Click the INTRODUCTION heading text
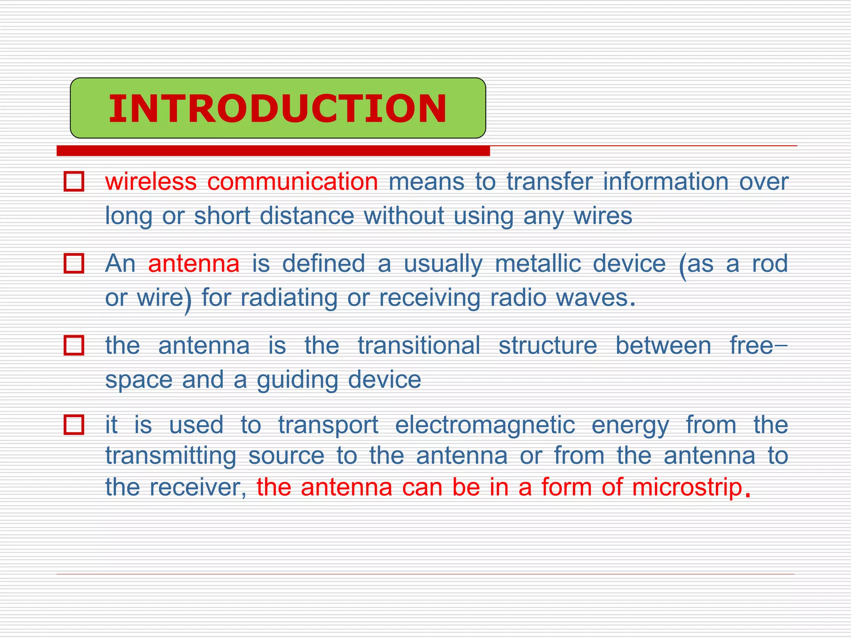tap(278, 109)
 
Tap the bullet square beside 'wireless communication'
tap(74, 182)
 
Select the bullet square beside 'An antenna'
tap(74, 263)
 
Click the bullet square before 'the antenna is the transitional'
tap(74, 346)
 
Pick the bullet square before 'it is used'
tap(74, 425)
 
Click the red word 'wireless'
tap(151, 182)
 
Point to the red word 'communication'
tap(293, 182)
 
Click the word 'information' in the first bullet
tap(666, 182)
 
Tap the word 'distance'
tap(307, 216)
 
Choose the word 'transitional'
tap(419, 346)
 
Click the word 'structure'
tap(548, 346)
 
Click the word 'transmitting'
tap(171, 456)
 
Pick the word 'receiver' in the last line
tap(197, 487)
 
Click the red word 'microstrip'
tap(687, 487)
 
